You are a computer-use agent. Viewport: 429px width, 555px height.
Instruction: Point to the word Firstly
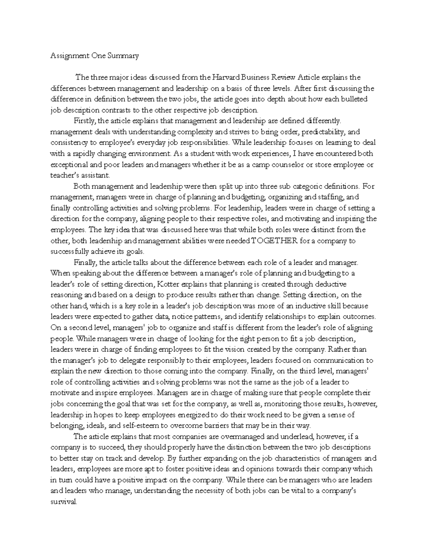84,121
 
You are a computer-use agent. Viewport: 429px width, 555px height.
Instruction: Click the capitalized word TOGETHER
275,241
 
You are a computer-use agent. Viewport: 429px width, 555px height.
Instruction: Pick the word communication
341,360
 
